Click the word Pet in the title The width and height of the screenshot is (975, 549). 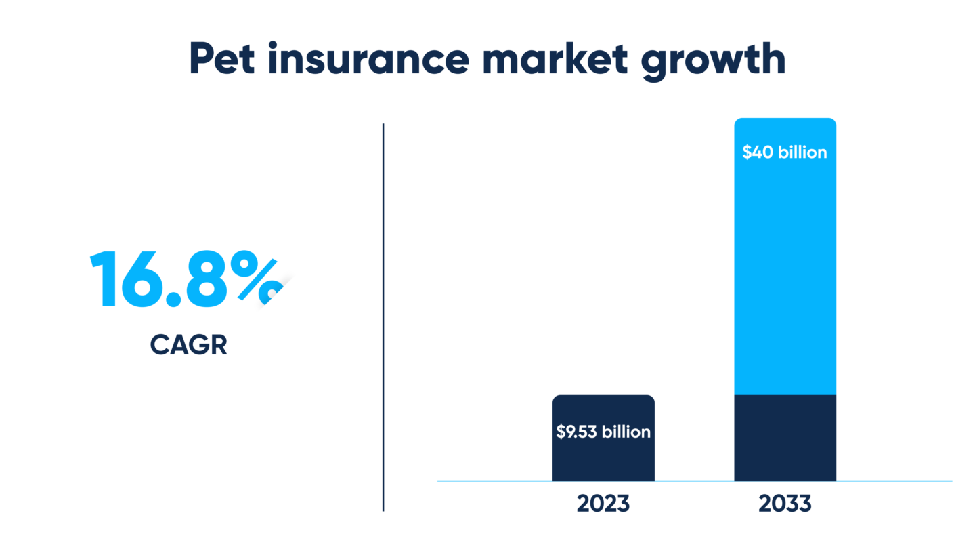[x=221, y=60]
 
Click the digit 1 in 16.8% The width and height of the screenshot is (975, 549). [x=104, y=279]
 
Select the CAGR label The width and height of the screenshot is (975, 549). [x=188, y=345]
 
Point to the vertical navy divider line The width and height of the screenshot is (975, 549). [x=383, y=319]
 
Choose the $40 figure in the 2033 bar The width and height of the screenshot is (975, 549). [x=756, y=152]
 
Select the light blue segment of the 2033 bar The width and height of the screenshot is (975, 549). [x=785, y=271]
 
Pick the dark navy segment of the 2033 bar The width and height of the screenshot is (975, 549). [x=785, y=437]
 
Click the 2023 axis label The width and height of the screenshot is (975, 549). [x=603, y=504]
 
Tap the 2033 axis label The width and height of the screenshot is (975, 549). [x=785, y=504]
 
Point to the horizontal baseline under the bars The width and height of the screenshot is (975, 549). [x=894, y=481]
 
